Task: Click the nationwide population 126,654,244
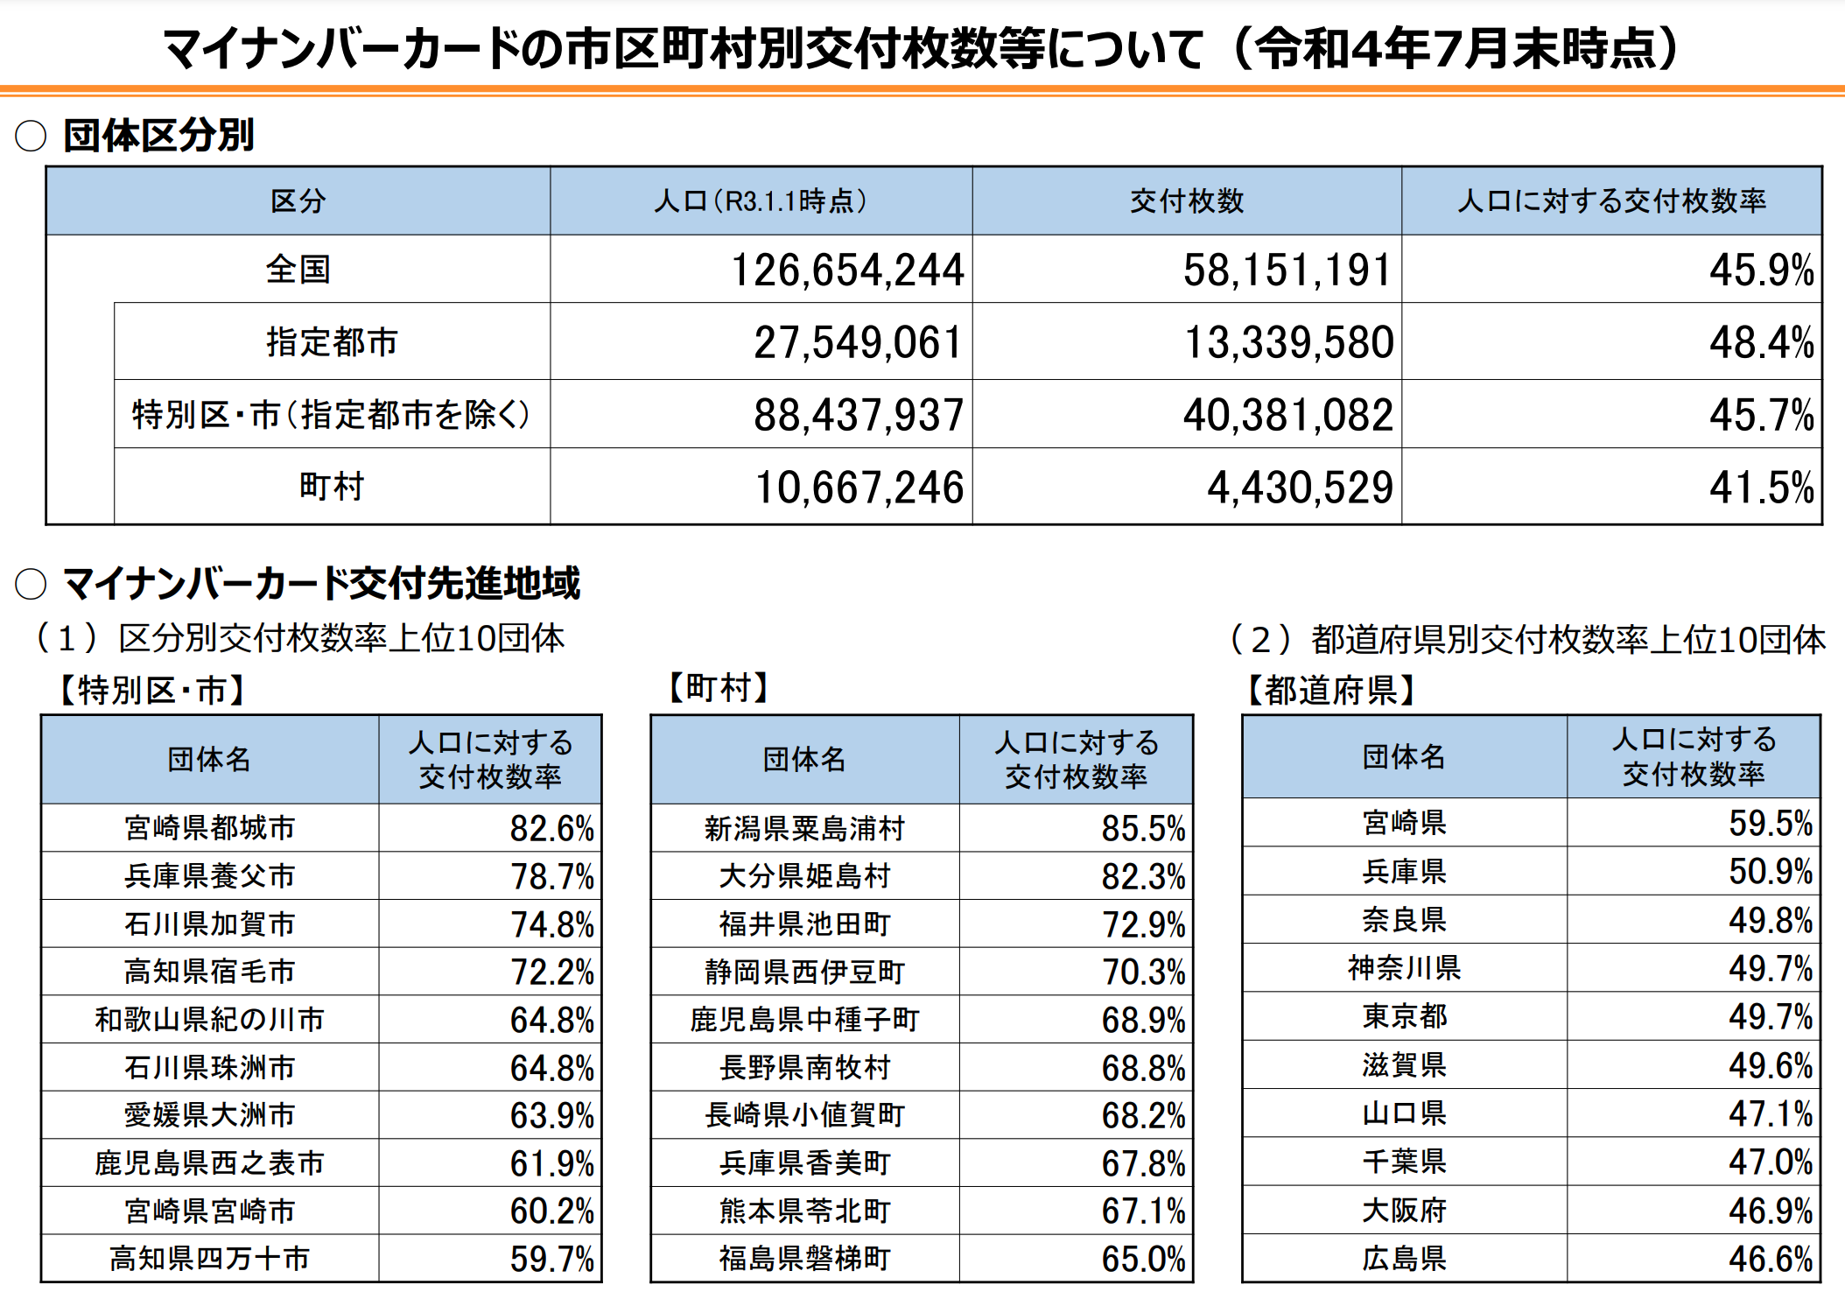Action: tap(846, 270)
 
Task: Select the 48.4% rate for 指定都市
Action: tap(1760, 342)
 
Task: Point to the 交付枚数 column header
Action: tap(1186, 201)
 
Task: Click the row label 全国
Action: tap(298, 270)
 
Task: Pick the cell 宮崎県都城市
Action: tap(210, 827)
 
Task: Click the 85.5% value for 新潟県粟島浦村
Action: tap(1142, 828)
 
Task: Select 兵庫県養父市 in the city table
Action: tap(210, 875)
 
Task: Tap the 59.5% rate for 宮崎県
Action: tap(1770, 823)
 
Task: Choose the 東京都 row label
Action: tap(1404, 1016)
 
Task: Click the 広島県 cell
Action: tap(1404, 1259)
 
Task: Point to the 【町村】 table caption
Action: tap(718, 688)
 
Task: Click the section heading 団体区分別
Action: tap(158, 136)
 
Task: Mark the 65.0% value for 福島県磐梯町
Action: tap(1142, 1259)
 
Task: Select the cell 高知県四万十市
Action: tap(210, 1259)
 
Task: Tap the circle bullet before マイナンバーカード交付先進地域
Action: tap(31, 584)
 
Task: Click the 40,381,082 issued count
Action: tap(1287, 415)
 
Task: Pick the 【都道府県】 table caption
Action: tap(1330, 691)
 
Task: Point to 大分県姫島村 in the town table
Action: tap(804, 875)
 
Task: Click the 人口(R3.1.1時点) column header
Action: tap(760, 201)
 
